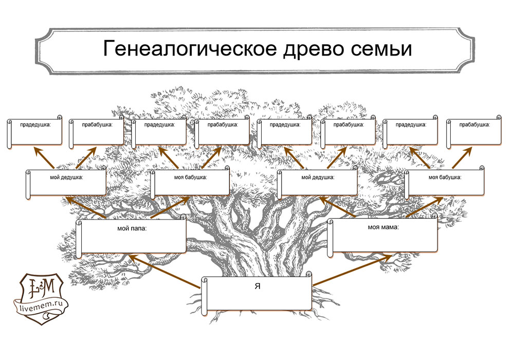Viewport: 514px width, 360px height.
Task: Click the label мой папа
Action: point(132,229)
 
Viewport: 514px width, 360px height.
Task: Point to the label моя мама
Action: point(383,227)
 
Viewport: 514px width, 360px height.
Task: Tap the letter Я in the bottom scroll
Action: point(257,286)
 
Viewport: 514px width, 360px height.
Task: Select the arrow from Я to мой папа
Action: point(164,269)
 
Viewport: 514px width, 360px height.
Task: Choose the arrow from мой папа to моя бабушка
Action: point(169,207)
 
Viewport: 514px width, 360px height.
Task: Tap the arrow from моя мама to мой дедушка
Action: point(339,207)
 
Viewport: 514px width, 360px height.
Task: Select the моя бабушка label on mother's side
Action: point(445,177)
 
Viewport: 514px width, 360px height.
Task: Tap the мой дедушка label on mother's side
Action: point(318,177)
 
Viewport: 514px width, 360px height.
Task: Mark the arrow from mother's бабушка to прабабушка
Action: point(463,158)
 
